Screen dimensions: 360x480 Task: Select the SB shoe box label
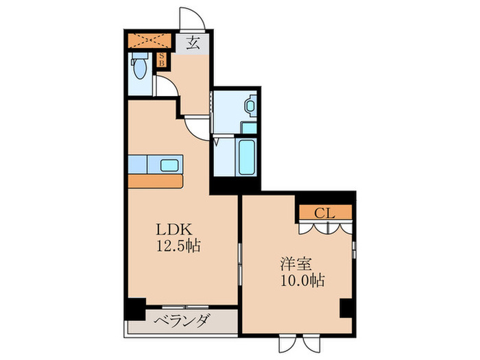click(162, 60)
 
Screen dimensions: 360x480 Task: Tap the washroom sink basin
click(250, 107)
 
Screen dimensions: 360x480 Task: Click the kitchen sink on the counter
click(169, 165)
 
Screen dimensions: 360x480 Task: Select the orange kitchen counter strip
click(156, 181)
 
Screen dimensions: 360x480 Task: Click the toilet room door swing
click(165, 86)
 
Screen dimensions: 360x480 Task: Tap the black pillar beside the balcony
click(135, 309)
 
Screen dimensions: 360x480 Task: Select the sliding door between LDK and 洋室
click(239, 267)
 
